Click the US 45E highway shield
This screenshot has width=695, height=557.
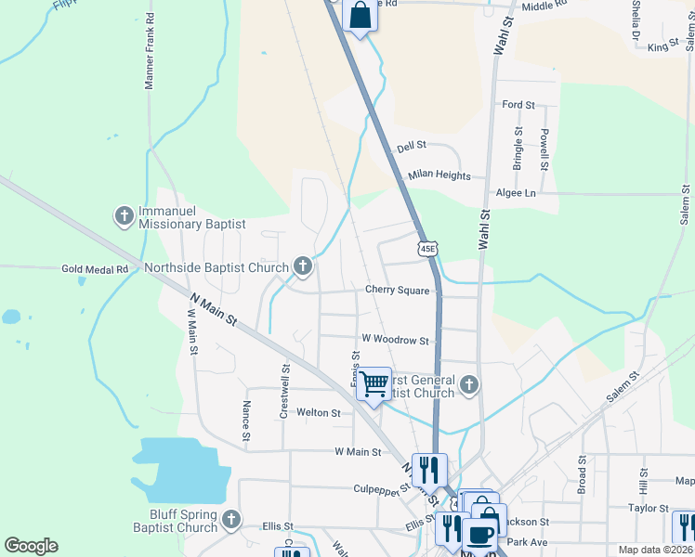click(426, 249)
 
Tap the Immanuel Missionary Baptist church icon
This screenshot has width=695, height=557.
click(124, 216)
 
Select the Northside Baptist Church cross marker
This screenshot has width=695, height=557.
click(302, 267)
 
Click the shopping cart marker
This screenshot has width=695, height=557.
click(374, 382)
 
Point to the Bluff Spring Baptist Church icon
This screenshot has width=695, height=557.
click(231, 520)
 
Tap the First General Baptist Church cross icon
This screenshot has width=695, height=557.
click(470, 384)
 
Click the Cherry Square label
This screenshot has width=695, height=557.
click(397, 291)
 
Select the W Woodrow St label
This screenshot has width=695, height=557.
click(394, 341)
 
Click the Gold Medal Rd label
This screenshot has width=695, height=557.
click(94, 269)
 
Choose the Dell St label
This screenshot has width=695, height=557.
click(411, 146)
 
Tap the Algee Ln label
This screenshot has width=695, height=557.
click(517, 193)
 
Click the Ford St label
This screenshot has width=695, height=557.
click(518, 106)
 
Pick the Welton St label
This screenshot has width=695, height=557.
click(318, 412)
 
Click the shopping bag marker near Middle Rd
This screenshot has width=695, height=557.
click(360, 16)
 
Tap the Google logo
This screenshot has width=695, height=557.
click(31, 546)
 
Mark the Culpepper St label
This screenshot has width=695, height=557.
click(381, 487)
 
